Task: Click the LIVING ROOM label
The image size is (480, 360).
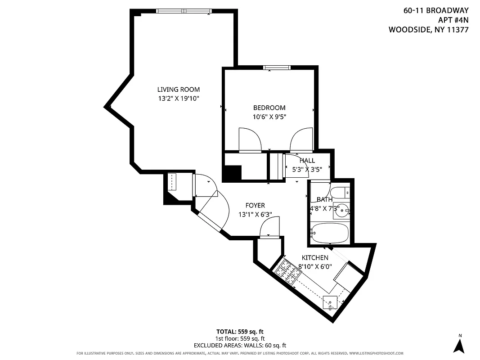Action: pos(178,90)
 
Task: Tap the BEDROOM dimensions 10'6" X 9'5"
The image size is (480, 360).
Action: pos(269,117)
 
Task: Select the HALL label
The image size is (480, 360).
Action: pos(307,161)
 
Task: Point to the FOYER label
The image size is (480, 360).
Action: pos(255,206)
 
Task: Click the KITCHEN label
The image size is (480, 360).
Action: pos(314,258)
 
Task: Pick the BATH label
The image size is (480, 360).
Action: pos(324,199)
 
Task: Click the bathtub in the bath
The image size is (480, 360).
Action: pos(330,233)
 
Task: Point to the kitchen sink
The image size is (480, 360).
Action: pos(331,302)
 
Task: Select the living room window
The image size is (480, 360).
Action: pos(184,11)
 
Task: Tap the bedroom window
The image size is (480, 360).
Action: pos(277,67)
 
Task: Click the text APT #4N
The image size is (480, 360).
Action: pos(453,20)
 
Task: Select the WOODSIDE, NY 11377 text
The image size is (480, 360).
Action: pos(428,30)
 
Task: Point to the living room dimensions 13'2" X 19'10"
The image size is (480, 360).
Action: pos(178,98)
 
